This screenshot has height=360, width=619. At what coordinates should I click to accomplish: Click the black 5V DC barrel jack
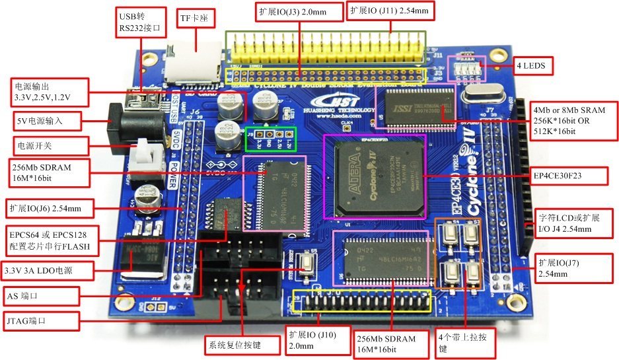pyautogui.click(x=135, y=122)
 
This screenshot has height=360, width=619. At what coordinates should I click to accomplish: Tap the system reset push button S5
pyautogui.click(x=308, y=265)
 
